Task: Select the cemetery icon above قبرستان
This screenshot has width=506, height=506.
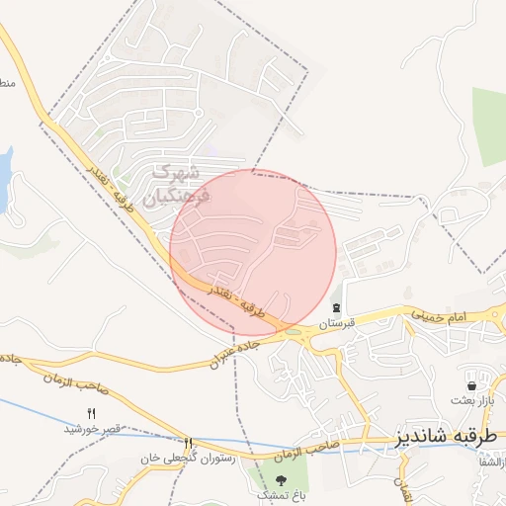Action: click(x=337, y=308)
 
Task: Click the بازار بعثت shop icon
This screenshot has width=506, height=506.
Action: click(x=470, y=384)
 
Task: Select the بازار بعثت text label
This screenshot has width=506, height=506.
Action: click(x=470, y=400)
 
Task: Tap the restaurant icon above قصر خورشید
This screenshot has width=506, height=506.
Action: click(x=92, y=413)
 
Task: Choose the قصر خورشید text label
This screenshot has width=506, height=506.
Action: click(x=92, y=428)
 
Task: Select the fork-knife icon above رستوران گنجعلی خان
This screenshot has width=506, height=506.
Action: click(x=188, y=443)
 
